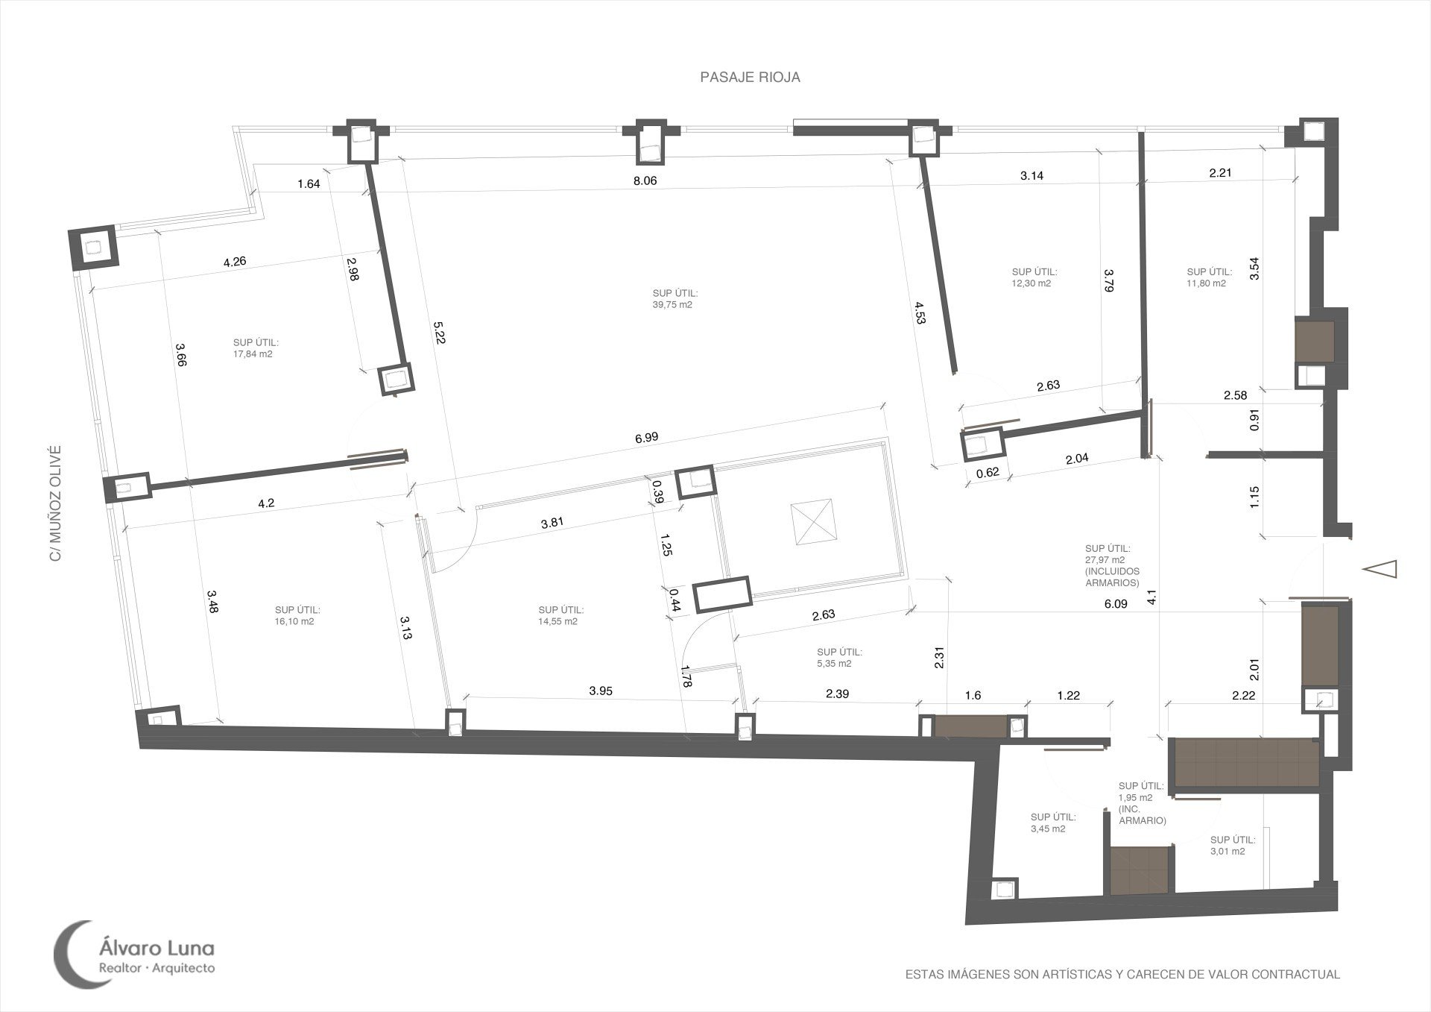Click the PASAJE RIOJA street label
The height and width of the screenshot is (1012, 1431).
point(750,78)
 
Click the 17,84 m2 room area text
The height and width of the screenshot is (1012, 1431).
point(253,354)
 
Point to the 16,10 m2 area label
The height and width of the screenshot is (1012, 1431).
point(294,620)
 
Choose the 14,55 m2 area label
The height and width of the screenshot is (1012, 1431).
point(557,620)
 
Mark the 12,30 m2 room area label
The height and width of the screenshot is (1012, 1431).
point(1032,283)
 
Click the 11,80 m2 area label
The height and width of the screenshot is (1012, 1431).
point(1207,283)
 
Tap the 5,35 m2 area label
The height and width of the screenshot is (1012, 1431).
point(835,663)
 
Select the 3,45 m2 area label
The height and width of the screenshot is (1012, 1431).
point(1048,829)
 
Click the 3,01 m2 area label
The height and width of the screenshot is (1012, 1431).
point(1228,851)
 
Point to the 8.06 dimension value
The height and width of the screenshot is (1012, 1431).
point(645,180)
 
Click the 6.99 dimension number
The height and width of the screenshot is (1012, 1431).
point(646,438)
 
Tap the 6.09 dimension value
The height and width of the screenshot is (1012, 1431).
point(1115,604)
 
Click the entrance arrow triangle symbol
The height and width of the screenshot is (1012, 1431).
point(1379,569)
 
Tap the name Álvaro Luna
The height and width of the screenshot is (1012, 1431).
point(157,949)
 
